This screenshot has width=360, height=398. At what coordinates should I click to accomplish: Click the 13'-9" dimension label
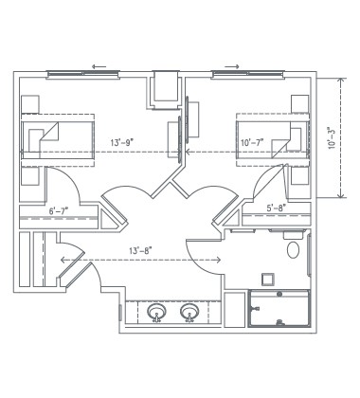(121, 143)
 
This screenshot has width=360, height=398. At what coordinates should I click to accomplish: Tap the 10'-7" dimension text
(252, 143)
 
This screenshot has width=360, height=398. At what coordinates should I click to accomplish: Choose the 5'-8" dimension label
(277, 208)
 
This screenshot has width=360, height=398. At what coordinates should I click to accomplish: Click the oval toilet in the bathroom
(293, 251)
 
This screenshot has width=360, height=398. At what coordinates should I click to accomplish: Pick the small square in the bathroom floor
(268, 280)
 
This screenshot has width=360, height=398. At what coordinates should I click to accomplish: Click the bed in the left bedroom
(58, 139)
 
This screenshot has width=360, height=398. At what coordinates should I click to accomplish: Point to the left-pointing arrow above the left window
(97, 67)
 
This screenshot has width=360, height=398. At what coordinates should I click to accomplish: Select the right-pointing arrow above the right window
(230, 67)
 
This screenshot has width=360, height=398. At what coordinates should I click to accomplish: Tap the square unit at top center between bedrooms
(166, 89)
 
